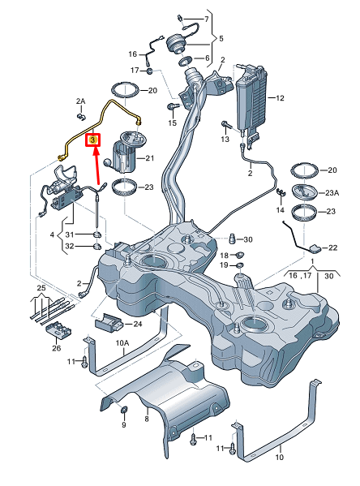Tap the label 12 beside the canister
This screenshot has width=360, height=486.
click(280, 97)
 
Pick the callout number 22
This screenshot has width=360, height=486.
click(332, 247)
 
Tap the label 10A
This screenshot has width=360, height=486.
click(122, 343)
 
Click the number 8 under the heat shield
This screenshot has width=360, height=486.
click(146, 419)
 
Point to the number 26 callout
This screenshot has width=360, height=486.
click(56, 349)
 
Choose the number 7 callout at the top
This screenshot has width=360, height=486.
click(205, 18)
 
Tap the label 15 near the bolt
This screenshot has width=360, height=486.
click(172, 123)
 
